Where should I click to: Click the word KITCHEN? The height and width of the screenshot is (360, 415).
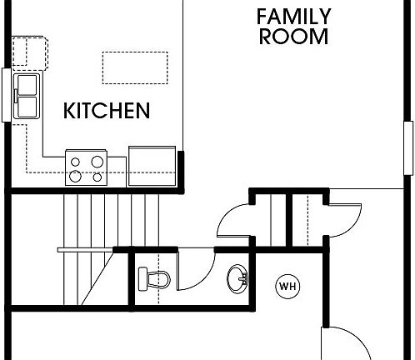(107, 111)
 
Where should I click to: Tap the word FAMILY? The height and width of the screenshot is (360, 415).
(293, 17)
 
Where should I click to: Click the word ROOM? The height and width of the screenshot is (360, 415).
(293, 37)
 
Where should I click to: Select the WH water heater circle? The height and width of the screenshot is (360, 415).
(287, 287)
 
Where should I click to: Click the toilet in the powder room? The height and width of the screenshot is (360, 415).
(155, 279)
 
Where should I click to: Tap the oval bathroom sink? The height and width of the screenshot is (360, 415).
(236, 278)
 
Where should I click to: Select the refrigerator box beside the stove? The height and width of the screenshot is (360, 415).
(152, 166)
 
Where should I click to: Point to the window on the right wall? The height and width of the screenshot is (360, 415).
(408, 147)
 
